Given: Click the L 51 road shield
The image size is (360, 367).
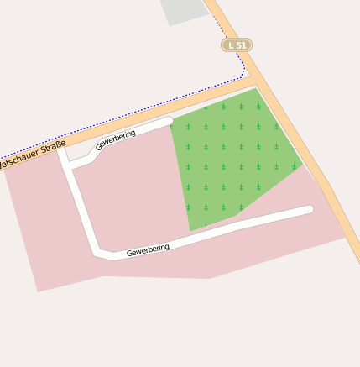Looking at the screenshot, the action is (237, 45).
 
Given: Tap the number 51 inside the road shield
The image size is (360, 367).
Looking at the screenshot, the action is (241, 45).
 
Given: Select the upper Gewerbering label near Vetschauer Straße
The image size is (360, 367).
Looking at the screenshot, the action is (116, 139).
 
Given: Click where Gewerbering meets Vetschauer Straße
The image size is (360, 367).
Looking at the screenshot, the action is (60, 149).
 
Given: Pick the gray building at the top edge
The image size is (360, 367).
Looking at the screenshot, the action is (184, 10).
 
